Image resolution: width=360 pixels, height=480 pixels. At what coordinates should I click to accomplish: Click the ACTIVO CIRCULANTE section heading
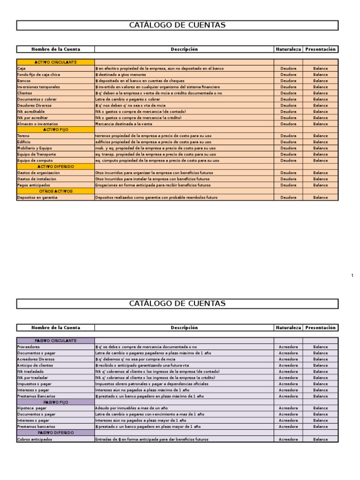(x=56, y=62)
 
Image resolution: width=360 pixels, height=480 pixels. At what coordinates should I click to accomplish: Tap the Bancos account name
(x=24, y=81)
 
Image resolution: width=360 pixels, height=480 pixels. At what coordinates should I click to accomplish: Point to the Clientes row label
(x=25, y=93)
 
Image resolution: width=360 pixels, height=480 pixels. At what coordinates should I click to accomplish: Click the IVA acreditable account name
(x=31, y=112)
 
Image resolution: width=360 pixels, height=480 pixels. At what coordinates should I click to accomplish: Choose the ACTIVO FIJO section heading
(x=56, y=129)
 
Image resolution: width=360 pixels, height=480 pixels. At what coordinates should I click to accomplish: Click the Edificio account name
(x=24, y=142)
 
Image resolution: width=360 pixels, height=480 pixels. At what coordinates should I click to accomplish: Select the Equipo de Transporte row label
(x=37, y=154)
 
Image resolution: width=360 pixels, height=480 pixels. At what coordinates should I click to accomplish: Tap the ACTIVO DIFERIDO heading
(x=56, y=166)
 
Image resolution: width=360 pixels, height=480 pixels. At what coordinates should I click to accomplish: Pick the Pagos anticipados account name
(x=34, y=185)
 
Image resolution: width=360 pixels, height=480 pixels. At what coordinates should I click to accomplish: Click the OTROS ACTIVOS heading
(x=56, y=191)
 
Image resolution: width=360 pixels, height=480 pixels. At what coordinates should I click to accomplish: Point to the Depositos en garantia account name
(x=37, y=197)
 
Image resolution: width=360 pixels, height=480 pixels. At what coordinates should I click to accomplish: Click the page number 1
(x=352, y=276)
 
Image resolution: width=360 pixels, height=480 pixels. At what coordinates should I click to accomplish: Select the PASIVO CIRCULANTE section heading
(x=56, y=341)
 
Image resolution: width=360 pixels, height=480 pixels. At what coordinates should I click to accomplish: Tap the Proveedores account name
(x=29, y=347)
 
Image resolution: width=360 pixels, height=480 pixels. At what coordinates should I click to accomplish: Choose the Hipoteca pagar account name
(x=32, y=408)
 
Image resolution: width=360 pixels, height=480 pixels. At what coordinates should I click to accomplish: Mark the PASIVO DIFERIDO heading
(x=56, y=433)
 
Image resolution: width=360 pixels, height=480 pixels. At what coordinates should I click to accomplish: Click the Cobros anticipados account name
(x=35, y=439)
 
